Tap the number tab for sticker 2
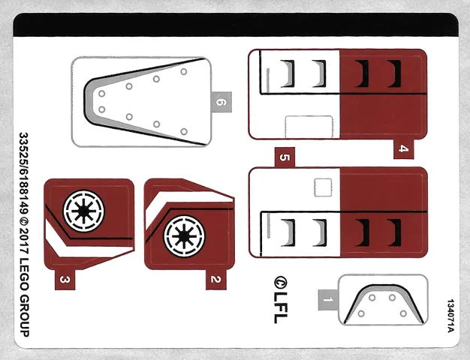point(215,279)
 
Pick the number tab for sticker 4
point(403,148)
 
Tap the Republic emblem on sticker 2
point(181,233)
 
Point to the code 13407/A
point(450,316)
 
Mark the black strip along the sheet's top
point(235,26)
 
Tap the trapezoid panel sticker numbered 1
point(384,301)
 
